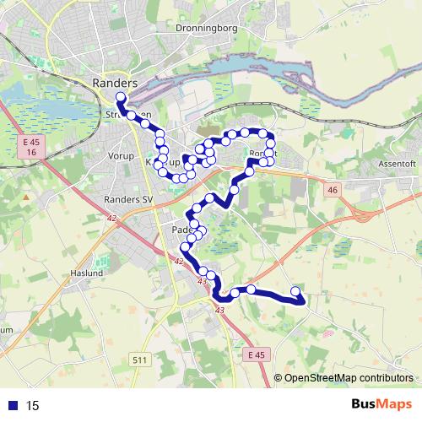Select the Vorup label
click(x=122, y=156)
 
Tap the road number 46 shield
click(x=332, y=191)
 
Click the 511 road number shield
click(x=141, y=360)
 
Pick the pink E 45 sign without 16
click(x=257, y=355)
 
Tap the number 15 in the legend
click(x=33, y=406)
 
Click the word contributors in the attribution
click(x=387, y=377)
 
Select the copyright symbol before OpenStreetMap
click(x=279, y=377)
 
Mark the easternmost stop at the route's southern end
click(x=295, y=292)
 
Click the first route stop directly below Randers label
click(x=120, y=98)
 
